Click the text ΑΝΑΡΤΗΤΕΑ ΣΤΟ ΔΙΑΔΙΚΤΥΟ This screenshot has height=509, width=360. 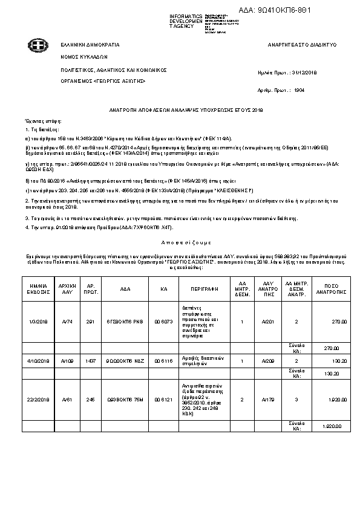coord(302,45)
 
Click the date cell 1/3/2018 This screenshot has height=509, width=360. coord(38,322)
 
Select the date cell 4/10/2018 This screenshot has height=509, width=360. coord(38,361)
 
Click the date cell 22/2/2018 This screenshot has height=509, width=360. coord(38,400)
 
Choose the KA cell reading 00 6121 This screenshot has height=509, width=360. coord(163,400)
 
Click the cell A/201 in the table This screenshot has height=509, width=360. coord(268,322)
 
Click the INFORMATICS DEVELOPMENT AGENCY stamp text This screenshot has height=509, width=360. coord(186,21)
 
